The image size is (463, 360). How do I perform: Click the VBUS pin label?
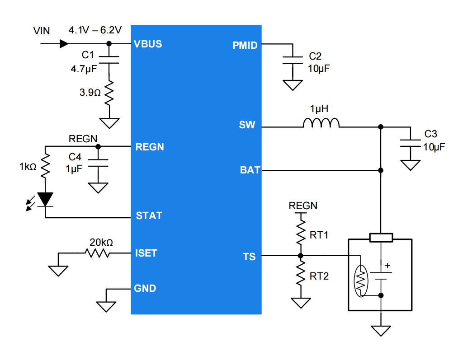tap(148, 44)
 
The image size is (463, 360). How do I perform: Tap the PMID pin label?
tap(245, 45)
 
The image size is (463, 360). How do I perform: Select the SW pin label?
tap(247, 125)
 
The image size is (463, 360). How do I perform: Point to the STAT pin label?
tap(149, 216)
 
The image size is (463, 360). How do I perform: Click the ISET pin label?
tap(146, 253)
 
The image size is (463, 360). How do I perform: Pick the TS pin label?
tap(249, 257)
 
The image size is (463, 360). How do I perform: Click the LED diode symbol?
tap(45, 199)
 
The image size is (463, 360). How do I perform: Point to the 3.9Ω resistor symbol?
tap(109, 93)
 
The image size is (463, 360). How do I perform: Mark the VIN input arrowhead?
tap(64, 44)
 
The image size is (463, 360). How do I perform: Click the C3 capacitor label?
tap(431, 134)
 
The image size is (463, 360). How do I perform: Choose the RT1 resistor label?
tap(319, 235)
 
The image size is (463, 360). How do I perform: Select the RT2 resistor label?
tap(319, 276)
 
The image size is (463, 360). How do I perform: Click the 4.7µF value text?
tap(84, 70)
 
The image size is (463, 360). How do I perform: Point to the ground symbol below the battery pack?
tap(381, 330)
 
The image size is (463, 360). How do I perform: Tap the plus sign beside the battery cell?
tap(387, 266)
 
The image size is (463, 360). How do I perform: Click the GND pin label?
tap(145, 288)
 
